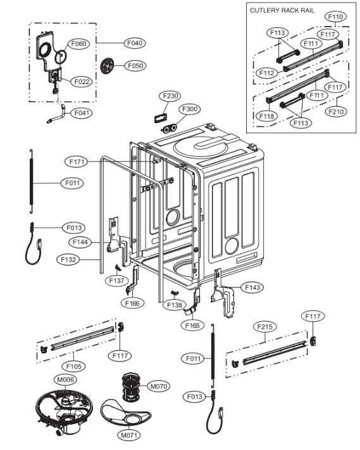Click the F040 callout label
(134, 43)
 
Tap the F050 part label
(134, 65)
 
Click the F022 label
(81, 82)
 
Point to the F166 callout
(132, 303)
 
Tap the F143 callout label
(252, 288)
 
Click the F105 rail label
(73, 365)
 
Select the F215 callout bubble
(266, 327)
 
